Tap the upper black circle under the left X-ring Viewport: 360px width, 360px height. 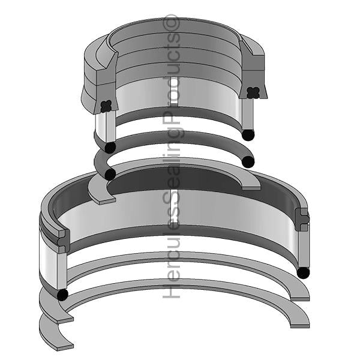110,146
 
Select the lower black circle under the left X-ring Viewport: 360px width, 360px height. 110,174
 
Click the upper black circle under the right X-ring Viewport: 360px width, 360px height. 247,134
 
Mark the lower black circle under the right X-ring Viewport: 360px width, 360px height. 248,161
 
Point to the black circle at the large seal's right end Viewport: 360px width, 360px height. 304,272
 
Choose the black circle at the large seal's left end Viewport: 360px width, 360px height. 61,295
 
